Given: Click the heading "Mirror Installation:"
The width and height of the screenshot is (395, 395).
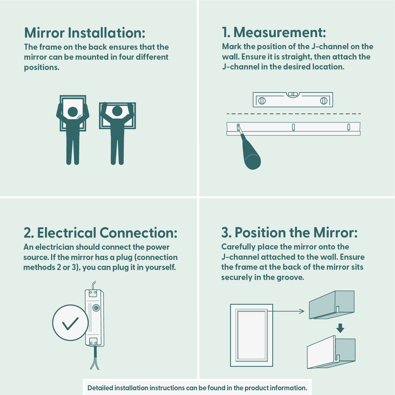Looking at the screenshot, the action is tap(85, 33).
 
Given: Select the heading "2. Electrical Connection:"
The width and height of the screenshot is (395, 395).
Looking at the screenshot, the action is tap(101, 233).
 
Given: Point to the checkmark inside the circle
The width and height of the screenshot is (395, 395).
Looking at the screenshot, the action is tap(70, 323).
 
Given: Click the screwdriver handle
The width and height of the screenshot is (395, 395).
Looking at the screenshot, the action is tap(251, 156).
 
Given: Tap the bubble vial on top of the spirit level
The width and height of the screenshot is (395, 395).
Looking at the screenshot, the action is tap(293, 94).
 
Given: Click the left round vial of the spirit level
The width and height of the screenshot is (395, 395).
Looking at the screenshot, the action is tap(262, 101).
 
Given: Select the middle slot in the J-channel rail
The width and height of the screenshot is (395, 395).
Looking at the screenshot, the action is tap(293, 127).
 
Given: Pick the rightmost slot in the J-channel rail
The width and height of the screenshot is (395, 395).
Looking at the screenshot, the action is tap(349, 127).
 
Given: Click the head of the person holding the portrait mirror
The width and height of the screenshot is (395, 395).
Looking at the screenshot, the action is tap(73, 112).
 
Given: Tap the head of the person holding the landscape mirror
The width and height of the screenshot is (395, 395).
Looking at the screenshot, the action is tap(117, 111).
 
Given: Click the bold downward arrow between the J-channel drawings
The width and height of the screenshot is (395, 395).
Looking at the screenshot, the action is tap(340, 328).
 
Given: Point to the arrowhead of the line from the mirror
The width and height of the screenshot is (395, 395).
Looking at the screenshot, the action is tap(302, 311).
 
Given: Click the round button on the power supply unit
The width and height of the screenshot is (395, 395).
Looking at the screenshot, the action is tap(96, 308).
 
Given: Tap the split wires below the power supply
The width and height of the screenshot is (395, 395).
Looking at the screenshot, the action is tap(95, 363).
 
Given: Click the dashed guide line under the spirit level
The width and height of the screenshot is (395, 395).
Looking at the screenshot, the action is tap(293, 114).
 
